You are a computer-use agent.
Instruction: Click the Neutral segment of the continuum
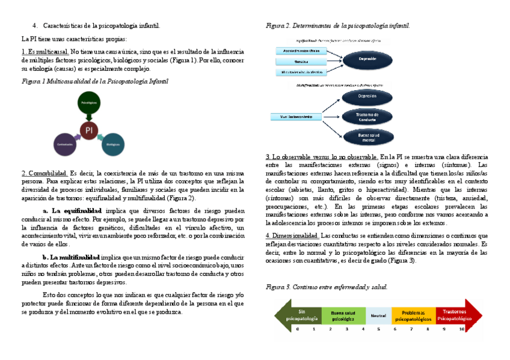(378, 315)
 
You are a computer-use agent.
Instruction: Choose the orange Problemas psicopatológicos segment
(413, 315)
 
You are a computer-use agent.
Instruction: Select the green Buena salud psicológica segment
(343, 315)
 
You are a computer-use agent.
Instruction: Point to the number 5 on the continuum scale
(378, 329)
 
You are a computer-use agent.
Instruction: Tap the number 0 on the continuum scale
(297, 329)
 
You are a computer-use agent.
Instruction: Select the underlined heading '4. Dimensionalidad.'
(292, 236)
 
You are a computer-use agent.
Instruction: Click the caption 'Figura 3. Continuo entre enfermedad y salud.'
(326, 287)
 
